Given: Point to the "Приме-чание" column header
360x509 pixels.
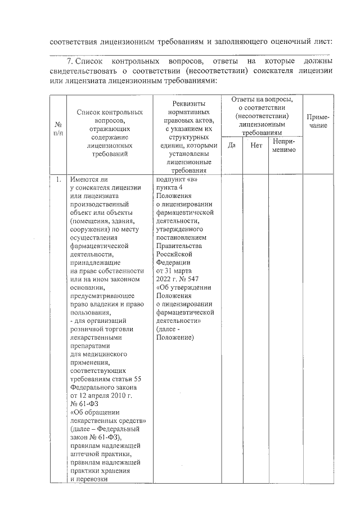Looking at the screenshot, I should (318, 121).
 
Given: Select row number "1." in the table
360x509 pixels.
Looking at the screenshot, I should (58, 180).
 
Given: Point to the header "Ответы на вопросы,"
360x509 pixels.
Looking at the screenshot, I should (262, 99).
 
